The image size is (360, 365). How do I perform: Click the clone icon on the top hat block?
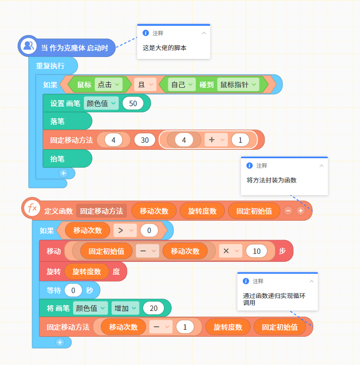pos(28,46)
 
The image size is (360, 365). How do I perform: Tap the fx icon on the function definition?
pos(32,207)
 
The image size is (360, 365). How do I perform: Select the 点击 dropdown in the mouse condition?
pos(109,84)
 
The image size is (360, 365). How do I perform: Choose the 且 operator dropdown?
pos(145,84)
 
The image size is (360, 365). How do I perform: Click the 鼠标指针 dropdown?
pos(238,84)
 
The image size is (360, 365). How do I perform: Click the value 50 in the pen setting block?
pos(133,103)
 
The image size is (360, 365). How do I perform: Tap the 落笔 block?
pos(68,122)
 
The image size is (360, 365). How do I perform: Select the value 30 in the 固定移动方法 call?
pos(144,140)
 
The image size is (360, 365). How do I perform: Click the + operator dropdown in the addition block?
pos(216,140)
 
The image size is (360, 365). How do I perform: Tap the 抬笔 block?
pos(68,159)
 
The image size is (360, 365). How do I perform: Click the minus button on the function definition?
pos(288,211)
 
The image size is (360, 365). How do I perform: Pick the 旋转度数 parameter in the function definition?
pos(202,211)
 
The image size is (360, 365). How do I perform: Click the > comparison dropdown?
pos(125,231)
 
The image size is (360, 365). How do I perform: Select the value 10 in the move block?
pos(257,251)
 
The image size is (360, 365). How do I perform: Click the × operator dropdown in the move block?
pos(230,251)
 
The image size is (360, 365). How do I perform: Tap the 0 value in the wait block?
pos(73,290)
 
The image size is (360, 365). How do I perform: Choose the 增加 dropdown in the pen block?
pos(125,308)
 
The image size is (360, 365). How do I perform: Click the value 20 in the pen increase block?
pos(153,308)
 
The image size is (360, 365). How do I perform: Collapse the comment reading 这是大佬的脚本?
pos(204,33)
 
